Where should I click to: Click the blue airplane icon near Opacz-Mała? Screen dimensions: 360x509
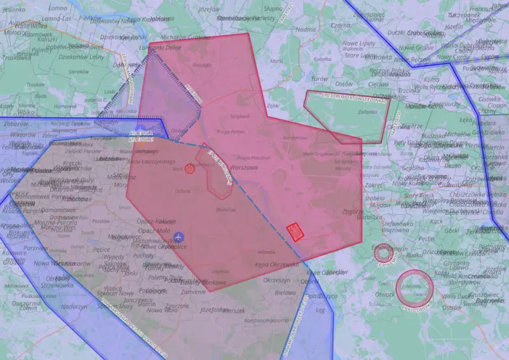pyautogui.click(x=179, y=237)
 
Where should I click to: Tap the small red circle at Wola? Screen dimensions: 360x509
pyautogui.click(x=190, y=168)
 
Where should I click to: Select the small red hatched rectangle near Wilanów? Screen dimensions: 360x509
pyautogui.click(x=295, y=232)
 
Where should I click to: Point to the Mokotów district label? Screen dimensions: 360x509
pyautogui.click(x=227, y=210)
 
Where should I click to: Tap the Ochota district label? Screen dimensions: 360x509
pyautogui.click(x=182, y=191)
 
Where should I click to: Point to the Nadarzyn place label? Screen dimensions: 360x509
pyautogui.click(x=73, y=306)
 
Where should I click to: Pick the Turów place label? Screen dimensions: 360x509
pyautogui.click(x=319, y=78)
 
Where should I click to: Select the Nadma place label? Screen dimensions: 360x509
pyautogui.click(x=306, y=30)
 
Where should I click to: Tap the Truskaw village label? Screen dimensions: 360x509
pyautogui.click(x=35, y=84)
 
